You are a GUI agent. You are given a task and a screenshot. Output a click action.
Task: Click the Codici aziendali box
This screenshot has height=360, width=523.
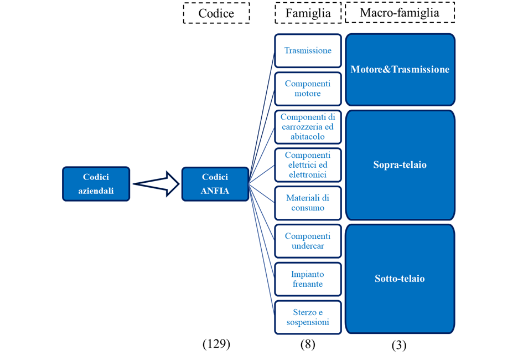(x=96, y=184)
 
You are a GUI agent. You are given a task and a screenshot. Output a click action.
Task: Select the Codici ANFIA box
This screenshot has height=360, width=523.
(x=215, y=184)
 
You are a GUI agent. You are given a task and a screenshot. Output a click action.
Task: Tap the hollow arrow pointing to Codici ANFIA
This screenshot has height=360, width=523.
(x=156, y=183)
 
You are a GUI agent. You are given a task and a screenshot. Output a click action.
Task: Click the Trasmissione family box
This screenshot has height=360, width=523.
(x=308, y=51)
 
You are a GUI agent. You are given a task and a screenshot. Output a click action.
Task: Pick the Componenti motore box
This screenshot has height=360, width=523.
(x=308, y=89)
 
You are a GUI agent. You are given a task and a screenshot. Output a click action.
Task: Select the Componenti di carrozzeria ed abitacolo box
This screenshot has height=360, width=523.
(x=308, y=127)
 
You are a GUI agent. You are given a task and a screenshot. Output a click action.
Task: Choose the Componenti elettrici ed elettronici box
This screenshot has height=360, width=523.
(x=308, y=165)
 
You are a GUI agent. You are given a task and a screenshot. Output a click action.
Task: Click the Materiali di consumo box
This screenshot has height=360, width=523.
(x=308, y=203)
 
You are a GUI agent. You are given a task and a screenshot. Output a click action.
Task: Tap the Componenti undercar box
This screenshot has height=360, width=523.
(x=308, y=241)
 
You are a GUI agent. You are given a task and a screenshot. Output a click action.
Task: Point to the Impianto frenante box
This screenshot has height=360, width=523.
(x=308, y=279)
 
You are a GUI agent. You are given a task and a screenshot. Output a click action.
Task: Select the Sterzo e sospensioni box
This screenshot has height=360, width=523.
(x=308, y=317)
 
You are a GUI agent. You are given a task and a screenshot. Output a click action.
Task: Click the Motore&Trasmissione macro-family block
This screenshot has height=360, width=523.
(x=400, y=69)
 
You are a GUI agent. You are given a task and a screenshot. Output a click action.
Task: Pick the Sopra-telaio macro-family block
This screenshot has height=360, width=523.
(x=400, y=165)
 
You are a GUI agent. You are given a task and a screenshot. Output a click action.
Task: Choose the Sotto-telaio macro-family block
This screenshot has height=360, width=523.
(x=400, y=279)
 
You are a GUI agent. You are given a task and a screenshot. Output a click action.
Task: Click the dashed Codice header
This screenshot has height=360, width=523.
(x=216, y=13)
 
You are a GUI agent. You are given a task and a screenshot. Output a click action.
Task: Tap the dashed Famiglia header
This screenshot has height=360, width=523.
(x=308, y=13)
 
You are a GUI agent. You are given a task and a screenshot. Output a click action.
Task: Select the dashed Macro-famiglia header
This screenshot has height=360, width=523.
(x=400, y=12)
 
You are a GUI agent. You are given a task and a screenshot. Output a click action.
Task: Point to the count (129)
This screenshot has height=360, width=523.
(x=216, y=343)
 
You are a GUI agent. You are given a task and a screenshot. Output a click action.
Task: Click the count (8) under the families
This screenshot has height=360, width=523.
(x=308, y=344)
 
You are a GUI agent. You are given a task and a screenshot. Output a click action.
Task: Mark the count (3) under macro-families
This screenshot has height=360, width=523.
(x=399, y=345)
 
